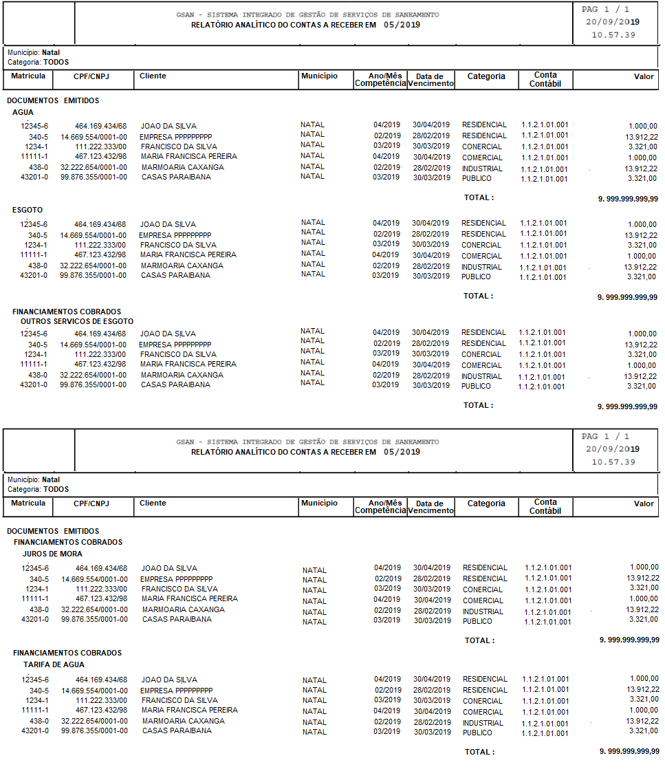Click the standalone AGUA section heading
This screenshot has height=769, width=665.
[23, 112]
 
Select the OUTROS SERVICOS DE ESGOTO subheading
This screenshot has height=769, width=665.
[77, 321]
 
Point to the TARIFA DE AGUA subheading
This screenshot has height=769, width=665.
[54, 664]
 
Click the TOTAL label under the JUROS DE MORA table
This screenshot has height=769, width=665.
[479, 640]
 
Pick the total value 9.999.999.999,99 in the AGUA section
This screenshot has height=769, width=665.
[628, 198]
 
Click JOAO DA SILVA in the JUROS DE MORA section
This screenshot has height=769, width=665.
[169, 568]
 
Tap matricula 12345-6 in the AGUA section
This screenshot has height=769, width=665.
[34, 126]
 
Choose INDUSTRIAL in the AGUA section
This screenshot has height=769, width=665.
[482, 169]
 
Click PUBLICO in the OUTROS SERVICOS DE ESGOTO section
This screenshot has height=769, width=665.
[476, 386]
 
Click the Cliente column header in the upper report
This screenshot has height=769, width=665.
[153, 76]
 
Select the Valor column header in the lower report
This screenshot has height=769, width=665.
[644, 503]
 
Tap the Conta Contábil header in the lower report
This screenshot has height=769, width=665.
[545, 506]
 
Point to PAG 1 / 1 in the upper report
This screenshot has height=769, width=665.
[605, 9]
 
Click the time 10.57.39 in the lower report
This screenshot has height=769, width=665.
[613, 462]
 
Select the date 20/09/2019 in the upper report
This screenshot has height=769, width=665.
[612, 21]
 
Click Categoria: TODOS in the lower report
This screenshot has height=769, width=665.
[38, 489]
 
